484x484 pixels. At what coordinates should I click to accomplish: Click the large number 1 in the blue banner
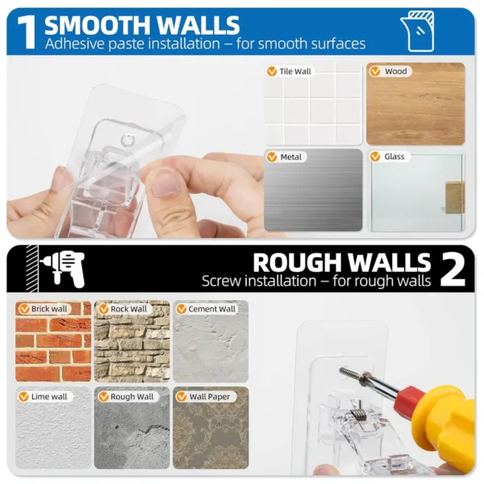click(x=27, y=32)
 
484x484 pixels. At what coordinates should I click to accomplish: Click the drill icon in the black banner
click(x=63, y=269)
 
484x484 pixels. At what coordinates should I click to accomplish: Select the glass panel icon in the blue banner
click(x=417, y=31)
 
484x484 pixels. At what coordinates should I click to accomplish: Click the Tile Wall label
click(x=295, y=72)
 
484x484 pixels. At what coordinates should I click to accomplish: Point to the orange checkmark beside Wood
click(x=375, y=71)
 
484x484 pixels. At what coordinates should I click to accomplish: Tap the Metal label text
click(x=290, y=157)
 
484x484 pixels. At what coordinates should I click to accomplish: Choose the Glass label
click(x=394, y=156)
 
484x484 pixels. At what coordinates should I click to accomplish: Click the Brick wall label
click(x=49, y=309)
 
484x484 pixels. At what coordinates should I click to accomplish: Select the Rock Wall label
click(x=129, y=309)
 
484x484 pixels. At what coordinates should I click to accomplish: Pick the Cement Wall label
click(x=211, y=309)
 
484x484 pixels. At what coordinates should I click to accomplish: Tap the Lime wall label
click(x=49, y=397)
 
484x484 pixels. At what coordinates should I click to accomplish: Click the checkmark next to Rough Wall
click(x=103, y=397)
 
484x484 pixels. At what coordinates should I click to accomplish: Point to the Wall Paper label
click(x=210, y=397)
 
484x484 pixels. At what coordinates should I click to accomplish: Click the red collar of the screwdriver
click(x=410, y=398)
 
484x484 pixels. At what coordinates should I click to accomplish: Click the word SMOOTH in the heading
click(x=101, y=25)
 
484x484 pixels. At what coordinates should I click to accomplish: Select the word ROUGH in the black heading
click(x=299, y=263)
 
